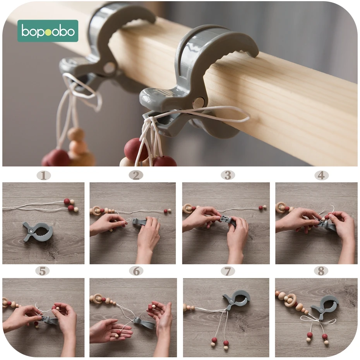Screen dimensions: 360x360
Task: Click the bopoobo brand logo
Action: (x=48, y=31)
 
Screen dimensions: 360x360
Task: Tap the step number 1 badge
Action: (x=44, y=176)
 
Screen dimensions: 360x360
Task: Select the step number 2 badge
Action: (x=136, y=175)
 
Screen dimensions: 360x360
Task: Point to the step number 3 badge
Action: (x=228, y=175)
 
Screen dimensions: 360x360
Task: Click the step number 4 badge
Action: (x=321, y=175)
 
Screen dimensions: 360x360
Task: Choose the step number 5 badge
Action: (x=43, y=271)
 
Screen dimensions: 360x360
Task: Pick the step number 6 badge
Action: (x=136, y=271)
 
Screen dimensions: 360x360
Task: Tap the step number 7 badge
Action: (x=228, y=271)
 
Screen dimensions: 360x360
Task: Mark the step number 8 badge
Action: (x=321, y=271)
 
